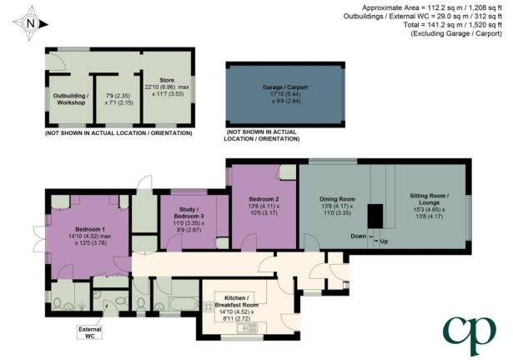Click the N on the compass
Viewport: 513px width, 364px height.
pos(30,23)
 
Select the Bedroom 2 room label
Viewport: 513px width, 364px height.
pos(264,199)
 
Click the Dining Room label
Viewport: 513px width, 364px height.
pos(337,199)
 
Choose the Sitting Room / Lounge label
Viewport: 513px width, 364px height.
pos(430,199)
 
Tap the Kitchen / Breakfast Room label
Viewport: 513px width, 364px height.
pos(236,302)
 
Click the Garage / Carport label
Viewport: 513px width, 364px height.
pos(285,87)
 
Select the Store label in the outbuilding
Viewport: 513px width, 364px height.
pos(167,80)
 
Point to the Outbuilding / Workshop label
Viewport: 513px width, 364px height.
pos(71,99)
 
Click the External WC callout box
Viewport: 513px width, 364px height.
pos(89,332)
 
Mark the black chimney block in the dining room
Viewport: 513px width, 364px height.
pos(375,216)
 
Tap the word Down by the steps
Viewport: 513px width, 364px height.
pos(358,236)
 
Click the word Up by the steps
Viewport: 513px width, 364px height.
pos(384,242)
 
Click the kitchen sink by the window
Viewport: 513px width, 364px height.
pos(248,327)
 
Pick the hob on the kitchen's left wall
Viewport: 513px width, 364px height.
pos(209,307)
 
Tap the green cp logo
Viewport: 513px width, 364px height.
pos(469,334)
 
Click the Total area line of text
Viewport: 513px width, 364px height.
pos(452,25)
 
